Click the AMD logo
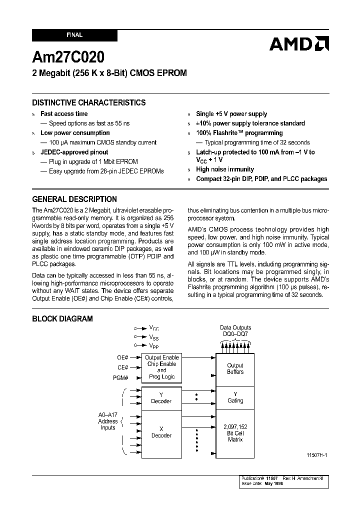point(299,44)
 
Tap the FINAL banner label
point(74,35)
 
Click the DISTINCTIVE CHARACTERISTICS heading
point(89,102)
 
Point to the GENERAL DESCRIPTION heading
point(74,198)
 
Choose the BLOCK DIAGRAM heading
point(62,318)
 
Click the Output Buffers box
point(235,368)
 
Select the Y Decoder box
point(161,398)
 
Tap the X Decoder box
point(161,432)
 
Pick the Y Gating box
point(235,397)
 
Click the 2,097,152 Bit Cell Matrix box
point(235,432)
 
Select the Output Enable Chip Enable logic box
point(161,367)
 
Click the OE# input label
point(122,357)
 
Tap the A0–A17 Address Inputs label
point(108,421)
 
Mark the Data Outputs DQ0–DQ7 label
point(235,331)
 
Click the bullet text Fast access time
point(64,114)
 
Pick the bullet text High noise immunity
point(225,169)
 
